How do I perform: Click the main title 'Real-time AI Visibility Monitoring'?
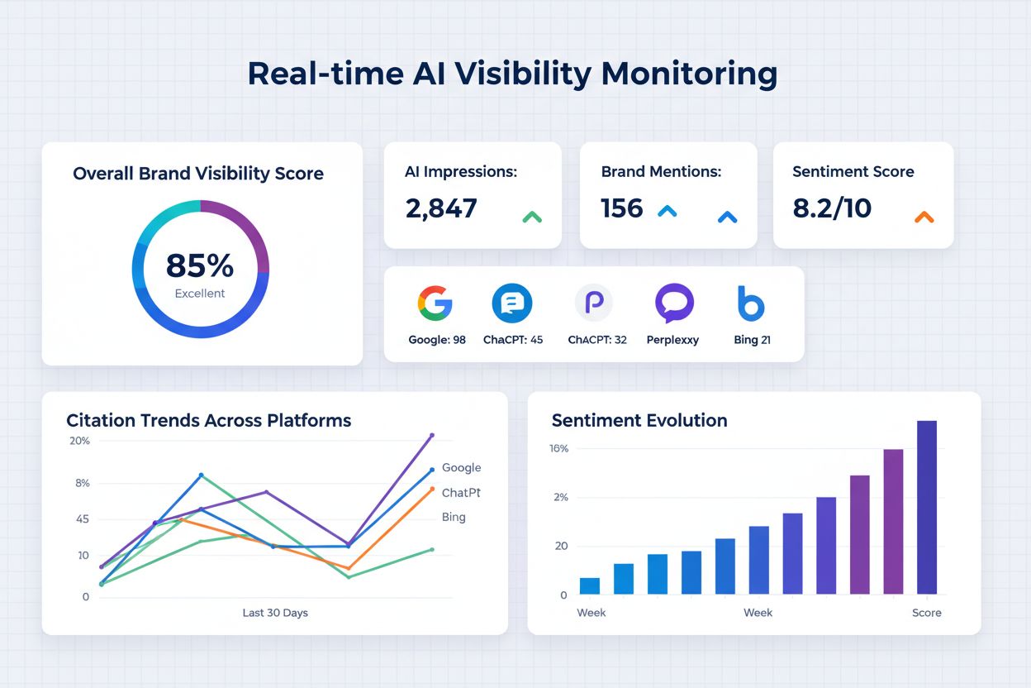(512, 74)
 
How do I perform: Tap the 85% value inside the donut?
(200, 265)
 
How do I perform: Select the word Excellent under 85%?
(200, 294)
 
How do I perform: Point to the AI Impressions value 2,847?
(441, 208)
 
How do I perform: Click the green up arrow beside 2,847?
(532, 217)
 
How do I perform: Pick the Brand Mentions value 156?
(622, 208)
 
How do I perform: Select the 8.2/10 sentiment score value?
(832, 208)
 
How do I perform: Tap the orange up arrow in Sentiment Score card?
(924, 217)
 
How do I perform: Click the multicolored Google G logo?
(435, 303)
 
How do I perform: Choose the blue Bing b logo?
(751, 303)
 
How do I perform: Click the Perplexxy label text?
(672, 340)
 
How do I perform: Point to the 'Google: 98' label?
(437, 340)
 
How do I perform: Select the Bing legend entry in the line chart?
(454, 517)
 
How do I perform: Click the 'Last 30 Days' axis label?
(275, 613)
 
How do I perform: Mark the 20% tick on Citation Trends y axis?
(79, 441)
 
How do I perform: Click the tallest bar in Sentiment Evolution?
(927, 507)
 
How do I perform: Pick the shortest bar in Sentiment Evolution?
(590, 585)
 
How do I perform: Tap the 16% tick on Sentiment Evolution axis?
(558, 448)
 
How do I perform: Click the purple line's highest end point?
(431, 435)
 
